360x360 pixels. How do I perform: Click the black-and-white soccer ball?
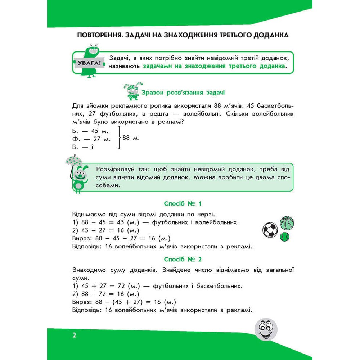click(270, 230)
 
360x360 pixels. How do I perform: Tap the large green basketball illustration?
click(287, 223)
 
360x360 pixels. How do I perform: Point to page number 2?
click(74, 336)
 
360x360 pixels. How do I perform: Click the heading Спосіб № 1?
click(183, 204)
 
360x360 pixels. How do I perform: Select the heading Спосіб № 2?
click(183, 259)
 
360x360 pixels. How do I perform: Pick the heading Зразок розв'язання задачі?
click(183, 93)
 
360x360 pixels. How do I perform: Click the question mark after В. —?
click(92, 147)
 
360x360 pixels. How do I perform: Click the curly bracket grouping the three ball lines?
click(118, 138)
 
